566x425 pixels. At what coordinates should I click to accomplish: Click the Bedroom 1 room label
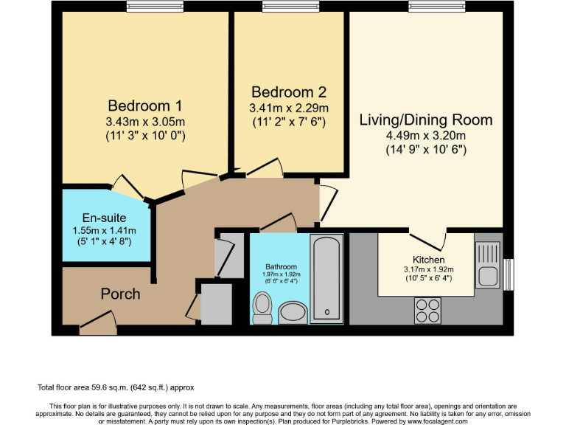point(145,106)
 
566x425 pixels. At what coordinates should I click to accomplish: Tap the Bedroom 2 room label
point(288,93)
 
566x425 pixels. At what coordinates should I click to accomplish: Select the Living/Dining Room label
point(426,120)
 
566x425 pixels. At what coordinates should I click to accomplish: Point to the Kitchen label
point(428,260)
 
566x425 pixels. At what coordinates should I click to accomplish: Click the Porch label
point(120,294)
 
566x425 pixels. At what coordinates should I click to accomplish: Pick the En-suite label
point(104,218)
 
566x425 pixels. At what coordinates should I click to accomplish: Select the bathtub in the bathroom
point(326,279)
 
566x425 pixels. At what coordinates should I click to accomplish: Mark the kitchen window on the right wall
point(508,274)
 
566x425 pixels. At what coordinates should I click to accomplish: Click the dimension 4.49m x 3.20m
point(426,136)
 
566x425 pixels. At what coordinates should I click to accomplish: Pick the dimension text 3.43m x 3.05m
point(145,122)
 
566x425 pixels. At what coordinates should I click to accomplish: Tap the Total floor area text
point(116,387)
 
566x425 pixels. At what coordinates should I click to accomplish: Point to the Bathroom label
point(282,266)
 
